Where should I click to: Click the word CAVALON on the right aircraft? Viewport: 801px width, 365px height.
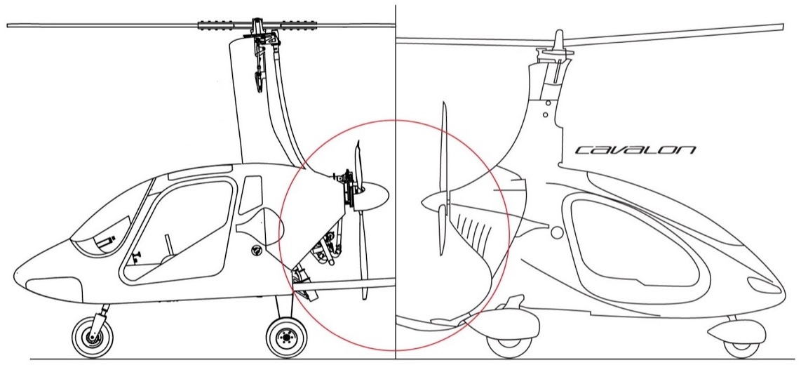pyautogui.click(x=635, y=150)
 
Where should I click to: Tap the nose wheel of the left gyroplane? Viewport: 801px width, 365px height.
pyautogui.click(x=90, y=337)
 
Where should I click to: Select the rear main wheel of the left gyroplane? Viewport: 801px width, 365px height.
pyautogui.click(x=285, y=337)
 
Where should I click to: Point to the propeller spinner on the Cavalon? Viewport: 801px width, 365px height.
pyautogui.click(x=429, y=202)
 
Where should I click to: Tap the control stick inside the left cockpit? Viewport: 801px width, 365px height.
pyautogui.click(x=168, y=246)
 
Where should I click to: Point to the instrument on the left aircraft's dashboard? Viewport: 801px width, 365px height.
pyautogui.click(x=105, y=242)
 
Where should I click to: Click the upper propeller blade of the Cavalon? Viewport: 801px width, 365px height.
pyautogui.click(x=443, y=147)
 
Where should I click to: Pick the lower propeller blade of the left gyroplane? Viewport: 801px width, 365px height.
pyautogui.click(x=363, y=260)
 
